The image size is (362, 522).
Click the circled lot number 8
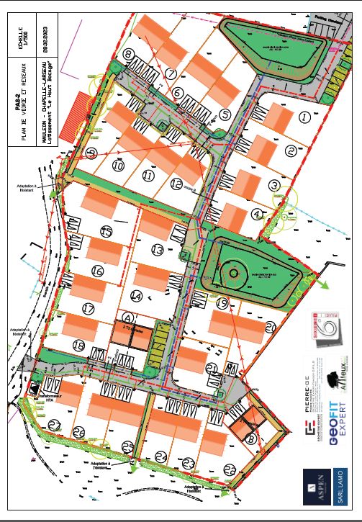pyautogui.click(x=129, y=55)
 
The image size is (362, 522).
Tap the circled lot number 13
pyautogui.click(x=158, y=250)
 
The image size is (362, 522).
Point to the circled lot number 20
pyautogui.click(x=271, y=326)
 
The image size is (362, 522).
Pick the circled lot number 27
pyautogui.click(x=55, y=426)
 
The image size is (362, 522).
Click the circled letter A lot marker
pyautogui.click(x=128, y=317)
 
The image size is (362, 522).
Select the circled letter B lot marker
pyautogui.click(x=250, y=436)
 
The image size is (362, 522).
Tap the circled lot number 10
pyautogui.click(x=119, y=166)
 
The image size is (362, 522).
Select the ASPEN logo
pyautogui.click(x=315, y=485)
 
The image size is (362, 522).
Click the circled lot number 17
pyautogui.click(x=89, y=309)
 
